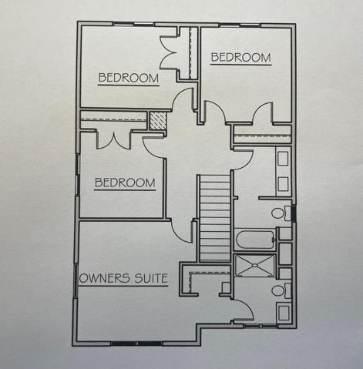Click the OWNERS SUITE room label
tap(123, 278)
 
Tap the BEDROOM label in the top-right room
tap(240, 57)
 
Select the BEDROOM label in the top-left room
tap(129, 78)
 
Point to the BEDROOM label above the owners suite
tap(125, 183)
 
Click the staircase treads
tap(215, 218)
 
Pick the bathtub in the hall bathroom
tap(255, 240)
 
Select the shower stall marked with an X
tap(255, 266)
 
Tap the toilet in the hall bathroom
tap(281, 213)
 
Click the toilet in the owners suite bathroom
tap(281, 290)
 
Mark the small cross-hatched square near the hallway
tap(158, 121)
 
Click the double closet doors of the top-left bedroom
tap(169, 52)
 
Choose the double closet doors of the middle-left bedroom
tap(114, 140)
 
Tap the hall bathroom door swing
tap(243, 160)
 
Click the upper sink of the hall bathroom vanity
tap(283, 159)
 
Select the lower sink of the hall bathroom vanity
tap(283, 184)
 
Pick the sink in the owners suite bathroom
tap(283, 313)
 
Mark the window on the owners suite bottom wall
tap(137, 344)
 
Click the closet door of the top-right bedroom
tap(262, 112)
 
